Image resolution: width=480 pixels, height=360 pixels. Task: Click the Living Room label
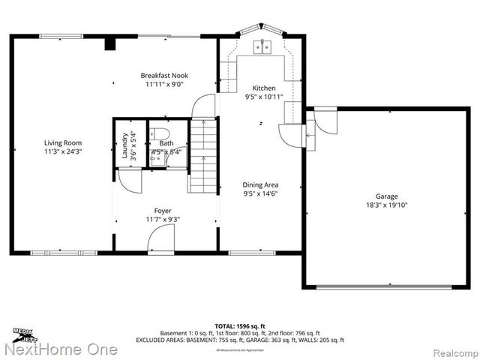click(62, 142)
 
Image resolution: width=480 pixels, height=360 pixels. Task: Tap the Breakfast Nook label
click(164, 75)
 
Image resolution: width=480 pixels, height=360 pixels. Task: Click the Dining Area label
click(261, 184)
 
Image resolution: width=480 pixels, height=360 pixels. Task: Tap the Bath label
click(166, 142)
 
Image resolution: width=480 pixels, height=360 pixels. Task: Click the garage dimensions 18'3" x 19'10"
click(387, 205)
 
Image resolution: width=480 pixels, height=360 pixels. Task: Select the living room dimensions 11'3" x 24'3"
click(62, 151)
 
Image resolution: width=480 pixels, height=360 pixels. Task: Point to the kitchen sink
click(263, 46)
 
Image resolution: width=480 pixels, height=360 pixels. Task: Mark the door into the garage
click(325, 120)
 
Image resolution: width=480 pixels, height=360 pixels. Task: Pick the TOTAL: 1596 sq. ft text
click(240, 326)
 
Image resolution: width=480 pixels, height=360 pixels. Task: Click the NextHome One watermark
click(60, 349)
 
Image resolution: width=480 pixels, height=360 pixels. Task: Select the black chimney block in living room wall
click(109, 43)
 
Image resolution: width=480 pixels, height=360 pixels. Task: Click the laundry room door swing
click(127, 180)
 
